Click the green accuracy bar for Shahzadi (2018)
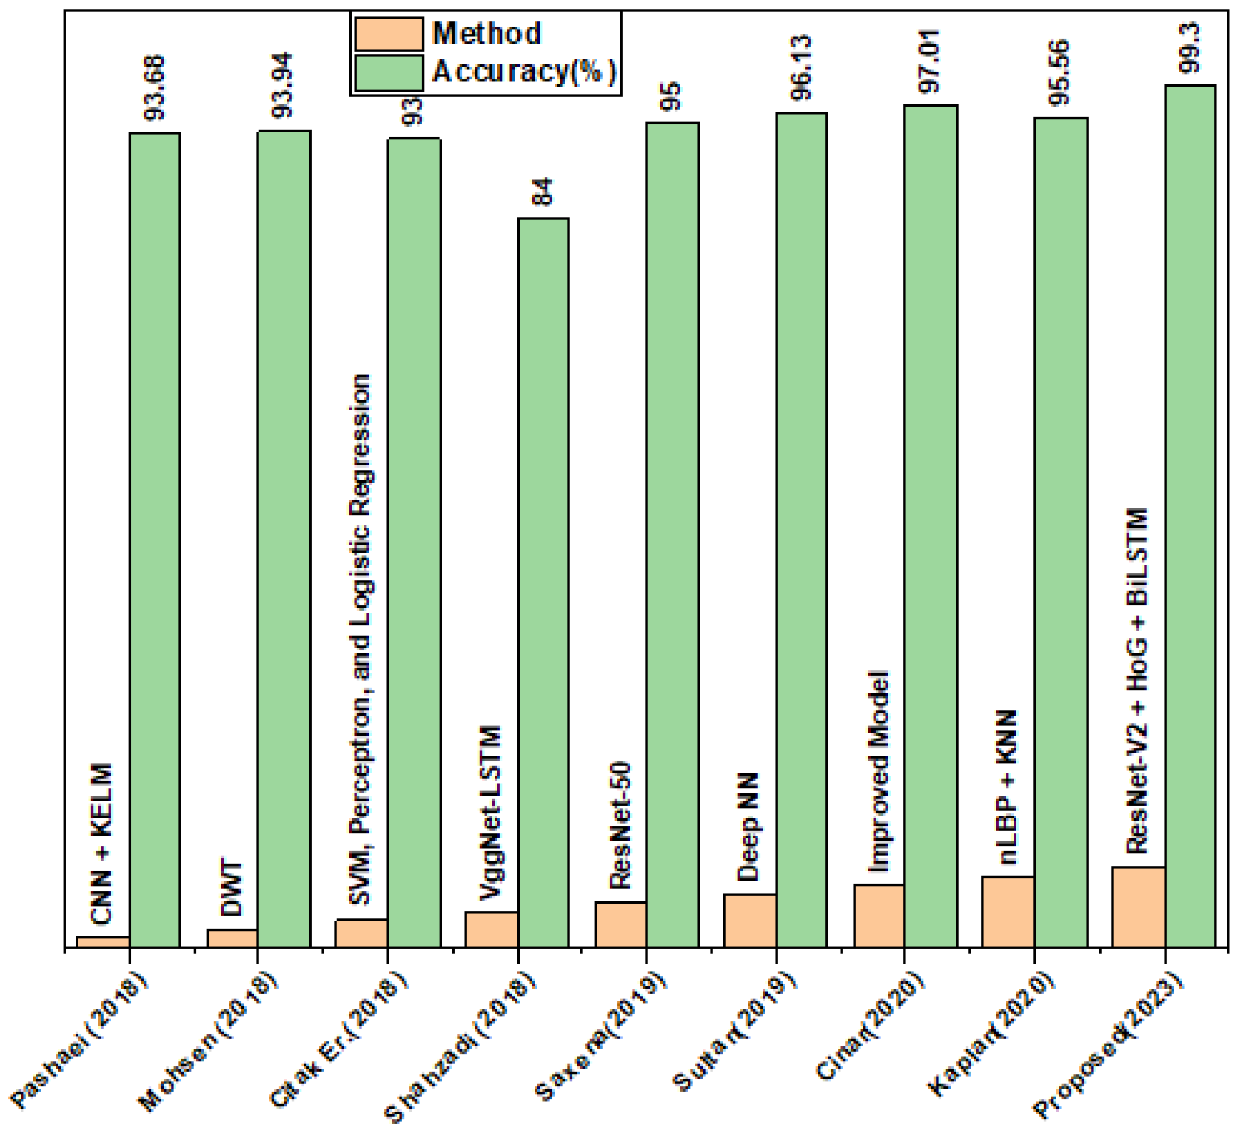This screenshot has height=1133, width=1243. point(543,582)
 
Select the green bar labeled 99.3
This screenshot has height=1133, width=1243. point(1190,516)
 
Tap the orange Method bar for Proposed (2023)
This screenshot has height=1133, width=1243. point(1138,907)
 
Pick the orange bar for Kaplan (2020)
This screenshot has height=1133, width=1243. point(1008,912)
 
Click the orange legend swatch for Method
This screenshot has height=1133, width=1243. point(389,34)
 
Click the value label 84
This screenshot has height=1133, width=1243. point(543,192)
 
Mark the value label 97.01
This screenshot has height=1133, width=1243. point(930,61)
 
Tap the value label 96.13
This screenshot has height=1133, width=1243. point(801,67)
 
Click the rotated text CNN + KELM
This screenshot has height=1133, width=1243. point(102,844)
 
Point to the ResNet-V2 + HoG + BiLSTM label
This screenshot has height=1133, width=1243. point(1136,681)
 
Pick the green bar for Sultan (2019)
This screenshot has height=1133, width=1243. point(802,530)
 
